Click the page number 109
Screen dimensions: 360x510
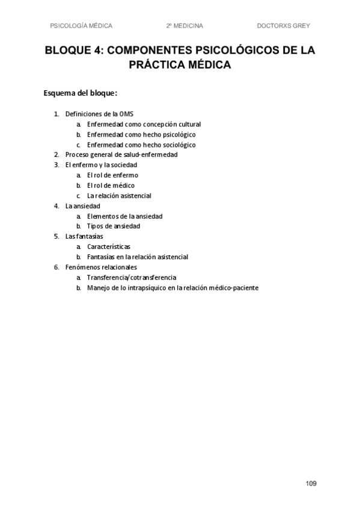(x=311, y=484)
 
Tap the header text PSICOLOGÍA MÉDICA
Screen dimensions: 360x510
(x=82, y=26)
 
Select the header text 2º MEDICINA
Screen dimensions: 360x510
(x=185, y=26)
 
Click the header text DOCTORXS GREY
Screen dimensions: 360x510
(x=283, y=26)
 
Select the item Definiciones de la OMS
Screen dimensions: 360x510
(x=99, y=114)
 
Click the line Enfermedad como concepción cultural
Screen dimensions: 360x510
(x=144, y=124)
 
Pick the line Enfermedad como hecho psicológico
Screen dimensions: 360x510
(x=141, y=134)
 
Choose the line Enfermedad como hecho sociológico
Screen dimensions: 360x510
(x=141, y=144)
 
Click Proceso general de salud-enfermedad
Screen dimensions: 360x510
(x=121, y=155)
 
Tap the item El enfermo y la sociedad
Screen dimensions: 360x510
(x=101, y=165)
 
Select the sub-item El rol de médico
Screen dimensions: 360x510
(x=111, y=185)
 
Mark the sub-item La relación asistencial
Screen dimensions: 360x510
(x=119, y=195)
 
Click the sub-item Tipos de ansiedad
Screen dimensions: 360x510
(x=114, y=226)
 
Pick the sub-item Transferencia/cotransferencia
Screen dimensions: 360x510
(x=132, y=277)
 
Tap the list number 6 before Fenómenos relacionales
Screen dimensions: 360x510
(x=56, y=267)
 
